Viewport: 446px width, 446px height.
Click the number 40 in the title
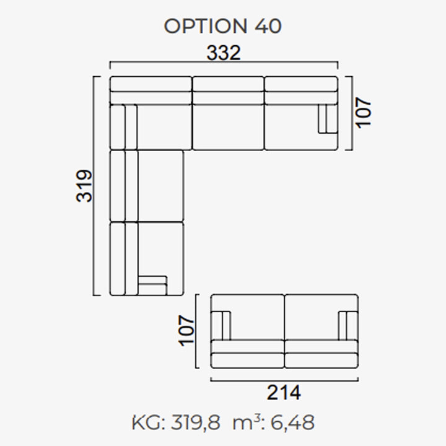pos(268,26)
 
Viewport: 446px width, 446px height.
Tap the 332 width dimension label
pos(224,53)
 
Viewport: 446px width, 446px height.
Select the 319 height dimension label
pos(84,186)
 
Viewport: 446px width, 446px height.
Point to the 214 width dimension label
pos(284,393)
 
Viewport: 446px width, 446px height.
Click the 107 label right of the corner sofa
pos(363,113)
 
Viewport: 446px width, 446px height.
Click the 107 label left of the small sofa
pos(186,331)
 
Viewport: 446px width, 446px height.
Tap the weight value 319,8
pos(195,422)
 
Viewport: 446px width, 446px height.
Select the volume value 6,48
pos(292,422)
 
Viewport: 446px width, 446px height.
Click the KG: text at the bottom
pos(149,423)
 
